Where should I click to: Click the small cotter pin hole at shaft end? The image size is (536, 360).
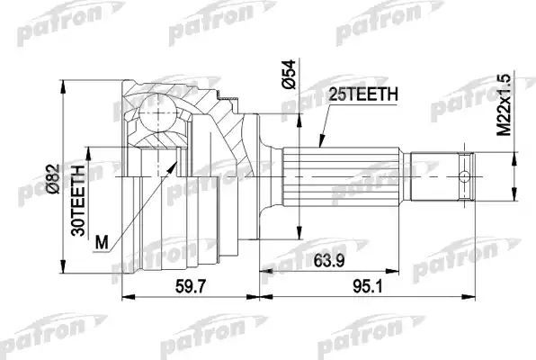coord(465,175)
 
